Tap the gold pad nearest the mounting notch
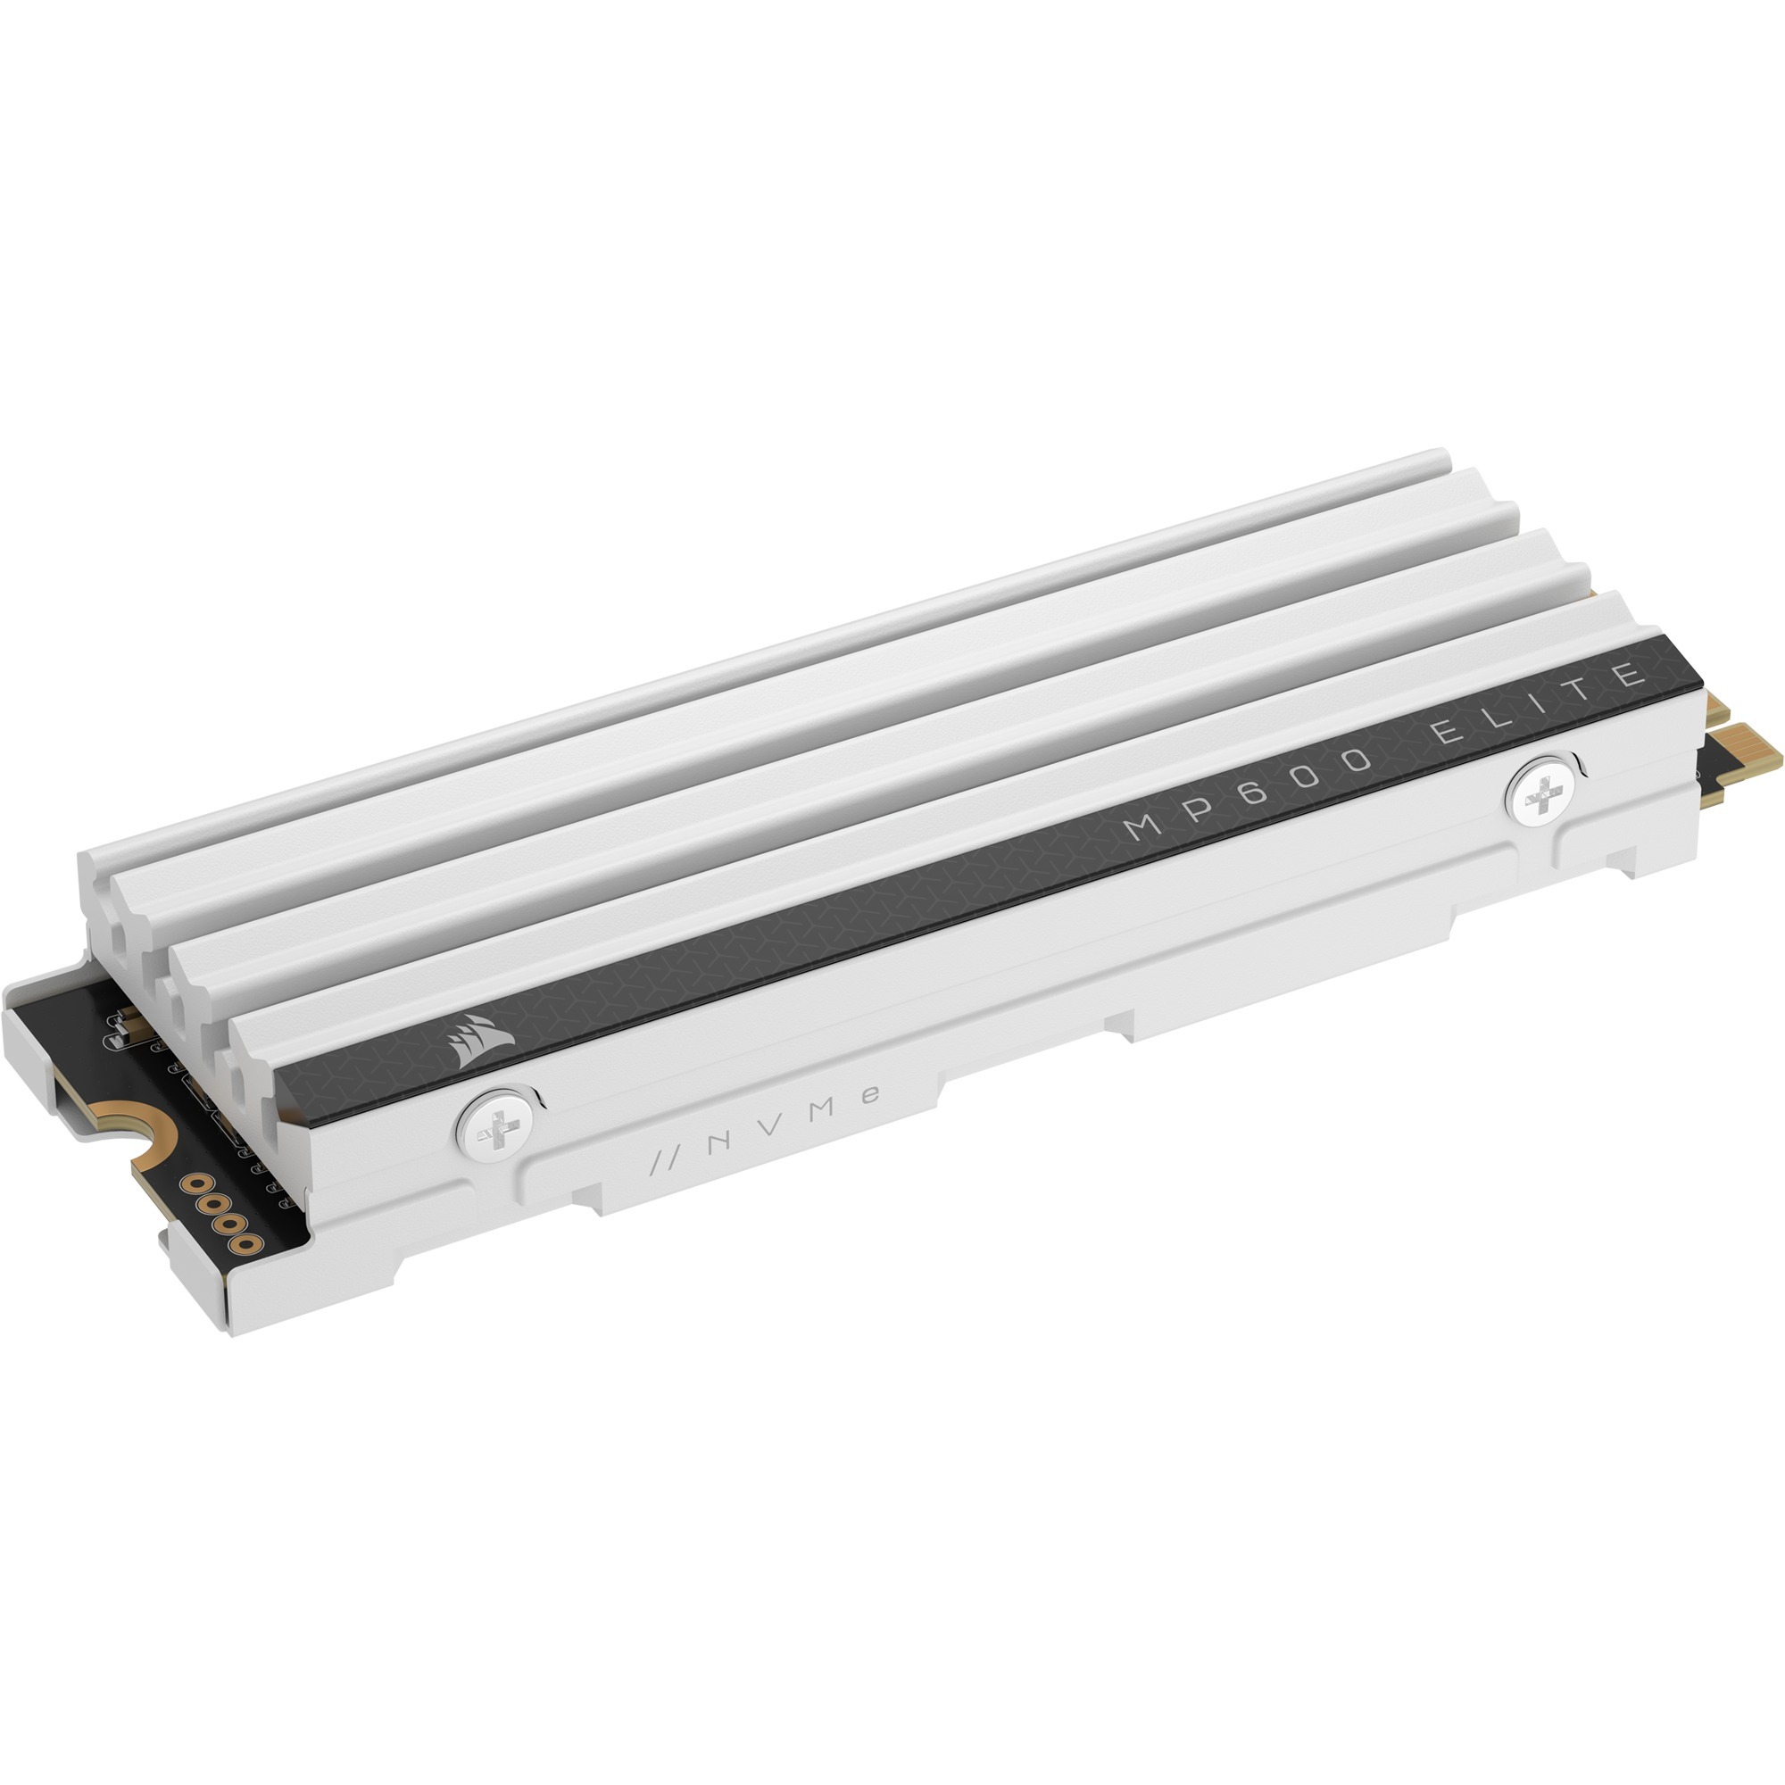coord(195,1183)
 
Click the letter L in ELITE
coord(1494,719)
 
